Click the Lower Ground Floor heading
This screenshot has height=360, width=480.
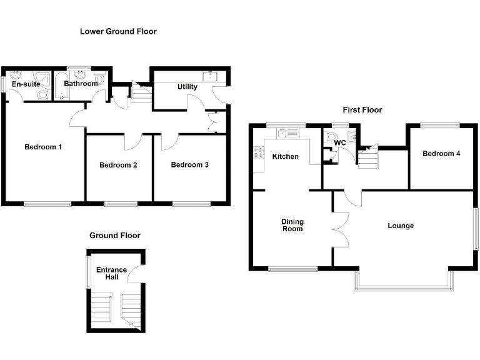click(118, 31)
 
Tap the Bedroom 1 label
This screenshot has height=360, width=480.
click(43, 147)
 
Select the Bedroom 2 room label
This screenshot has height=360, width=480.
click(118, 165)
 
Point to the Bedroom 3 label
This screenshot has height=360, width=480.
click(189, 165)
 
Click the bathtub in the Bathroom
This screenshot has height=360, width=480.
click(63, 87)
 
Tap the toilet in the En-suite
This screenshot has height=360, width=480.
click(42, 94)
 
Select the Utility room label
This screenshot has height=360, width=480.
click(187, 87)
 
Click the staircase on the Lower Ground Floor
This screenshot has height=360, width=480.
click(141, 94)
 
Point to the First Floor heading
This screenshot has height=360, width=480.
click(362, 110)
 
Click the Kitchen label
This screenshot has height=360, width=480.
click(285, 156)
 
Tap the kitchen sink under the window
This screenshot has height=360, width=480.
click(282, 132)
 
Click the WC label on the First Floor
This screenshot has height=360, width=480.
click(340, 143)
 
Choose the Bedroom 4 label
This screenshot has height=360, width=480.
click(441, 154)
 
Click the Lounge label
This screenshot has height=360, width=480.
click(401, 226)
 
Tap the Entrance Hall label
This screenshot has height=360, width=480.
click(111, 273)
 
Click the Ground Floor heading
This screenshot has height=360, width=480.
click(115, 236)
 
